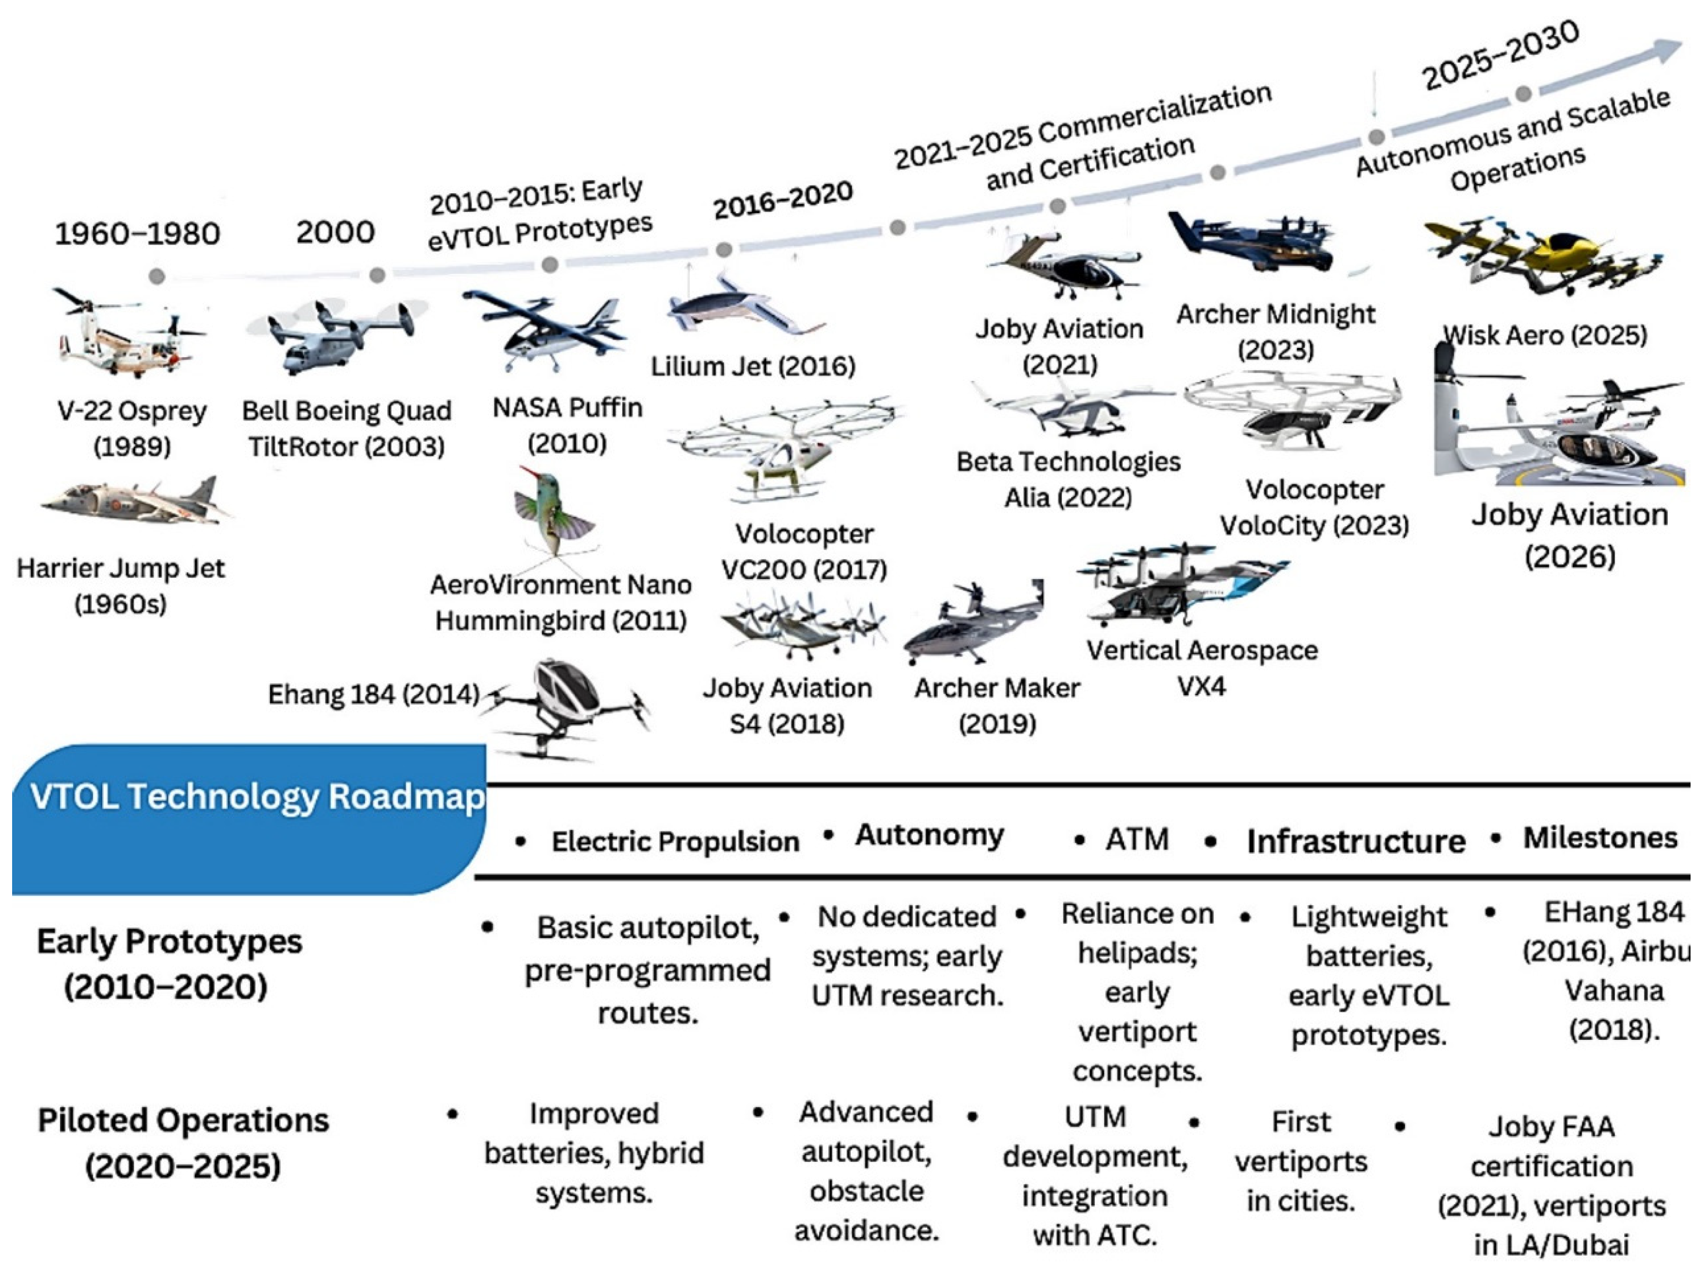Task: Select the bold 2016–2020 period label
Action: [x=782, y=200]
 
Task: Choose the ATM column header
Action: [x=1137, y=839]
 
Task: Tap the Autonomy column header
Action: [x=929, y=835]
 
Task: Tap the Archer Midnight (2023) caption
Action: [x=1276, y=331]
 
